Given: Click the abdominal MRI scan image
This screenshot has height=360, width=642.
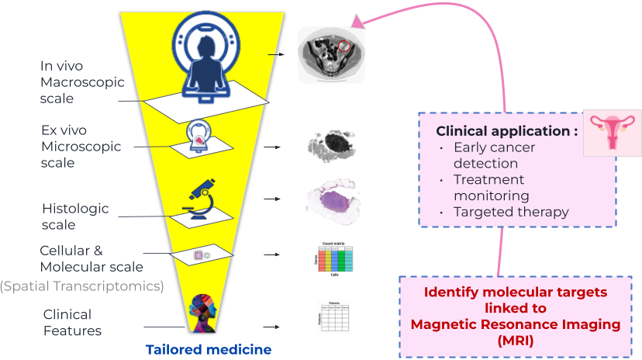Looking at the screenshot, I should point(331,55).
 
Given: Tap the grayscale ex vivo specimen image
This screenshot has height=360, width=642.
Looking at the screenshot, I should point(332,145).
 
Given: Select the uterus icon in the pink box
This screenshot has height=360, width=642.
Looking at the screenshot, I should point(613,132).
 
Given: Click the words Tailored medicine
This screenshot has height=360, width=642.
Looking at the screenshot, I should point(209,349).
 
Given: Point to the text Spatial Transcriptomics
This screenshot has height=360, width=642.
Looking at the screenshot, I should point(81,286).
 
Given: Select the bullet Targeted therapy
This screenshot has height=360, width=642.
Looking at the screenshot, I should point(511,212).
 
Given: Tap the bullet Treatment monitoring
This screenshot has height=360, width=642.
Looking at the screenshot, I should point(492,188).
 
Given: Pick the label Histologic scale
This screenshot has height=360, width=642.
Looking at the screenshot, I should point(75,216).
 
